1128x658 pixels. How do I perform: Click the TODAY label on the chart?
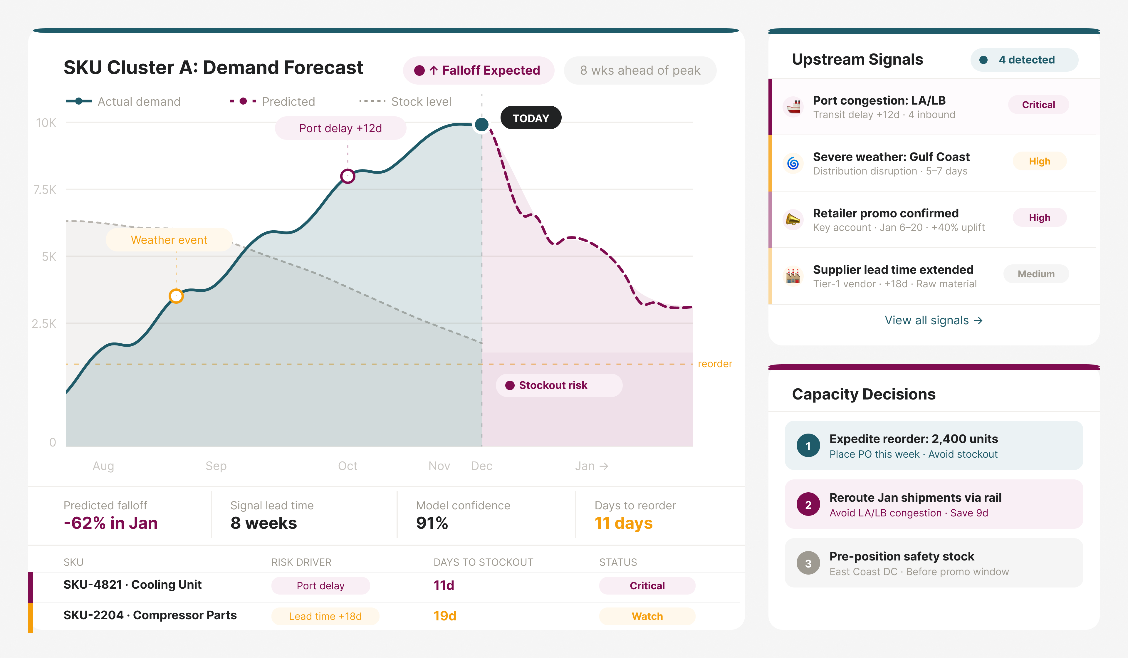point(531,118)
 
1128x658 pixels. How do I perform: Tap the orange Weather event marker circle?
point(176,296)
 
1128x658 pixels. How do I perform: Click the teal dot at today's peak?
point(482,125)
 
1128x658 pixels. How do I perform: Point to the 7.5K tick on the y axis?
point(45,190)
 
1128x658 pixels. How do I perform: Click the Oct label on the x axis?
point(347,466)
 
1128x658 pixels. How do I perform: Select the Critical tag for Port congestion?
point(1038,105)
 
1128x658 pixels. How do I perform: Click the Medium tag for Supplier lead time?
point(1036,274)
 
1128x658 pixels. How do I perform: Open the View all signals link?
point(933,320)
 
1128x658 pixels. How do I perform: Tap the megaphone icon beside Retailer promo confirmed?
point(793,220)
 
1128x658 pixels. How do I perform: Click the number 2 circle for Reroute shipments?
point(808,504)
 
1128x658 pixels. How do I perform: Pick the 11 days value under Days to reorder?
point(623,523)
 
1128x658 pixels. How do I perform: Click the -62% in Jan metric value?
point(110,523)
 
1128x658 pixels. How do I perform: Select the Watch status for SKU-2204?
point(647,616)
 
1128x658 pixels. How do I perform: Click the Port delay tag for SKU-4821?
point(320,586)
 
